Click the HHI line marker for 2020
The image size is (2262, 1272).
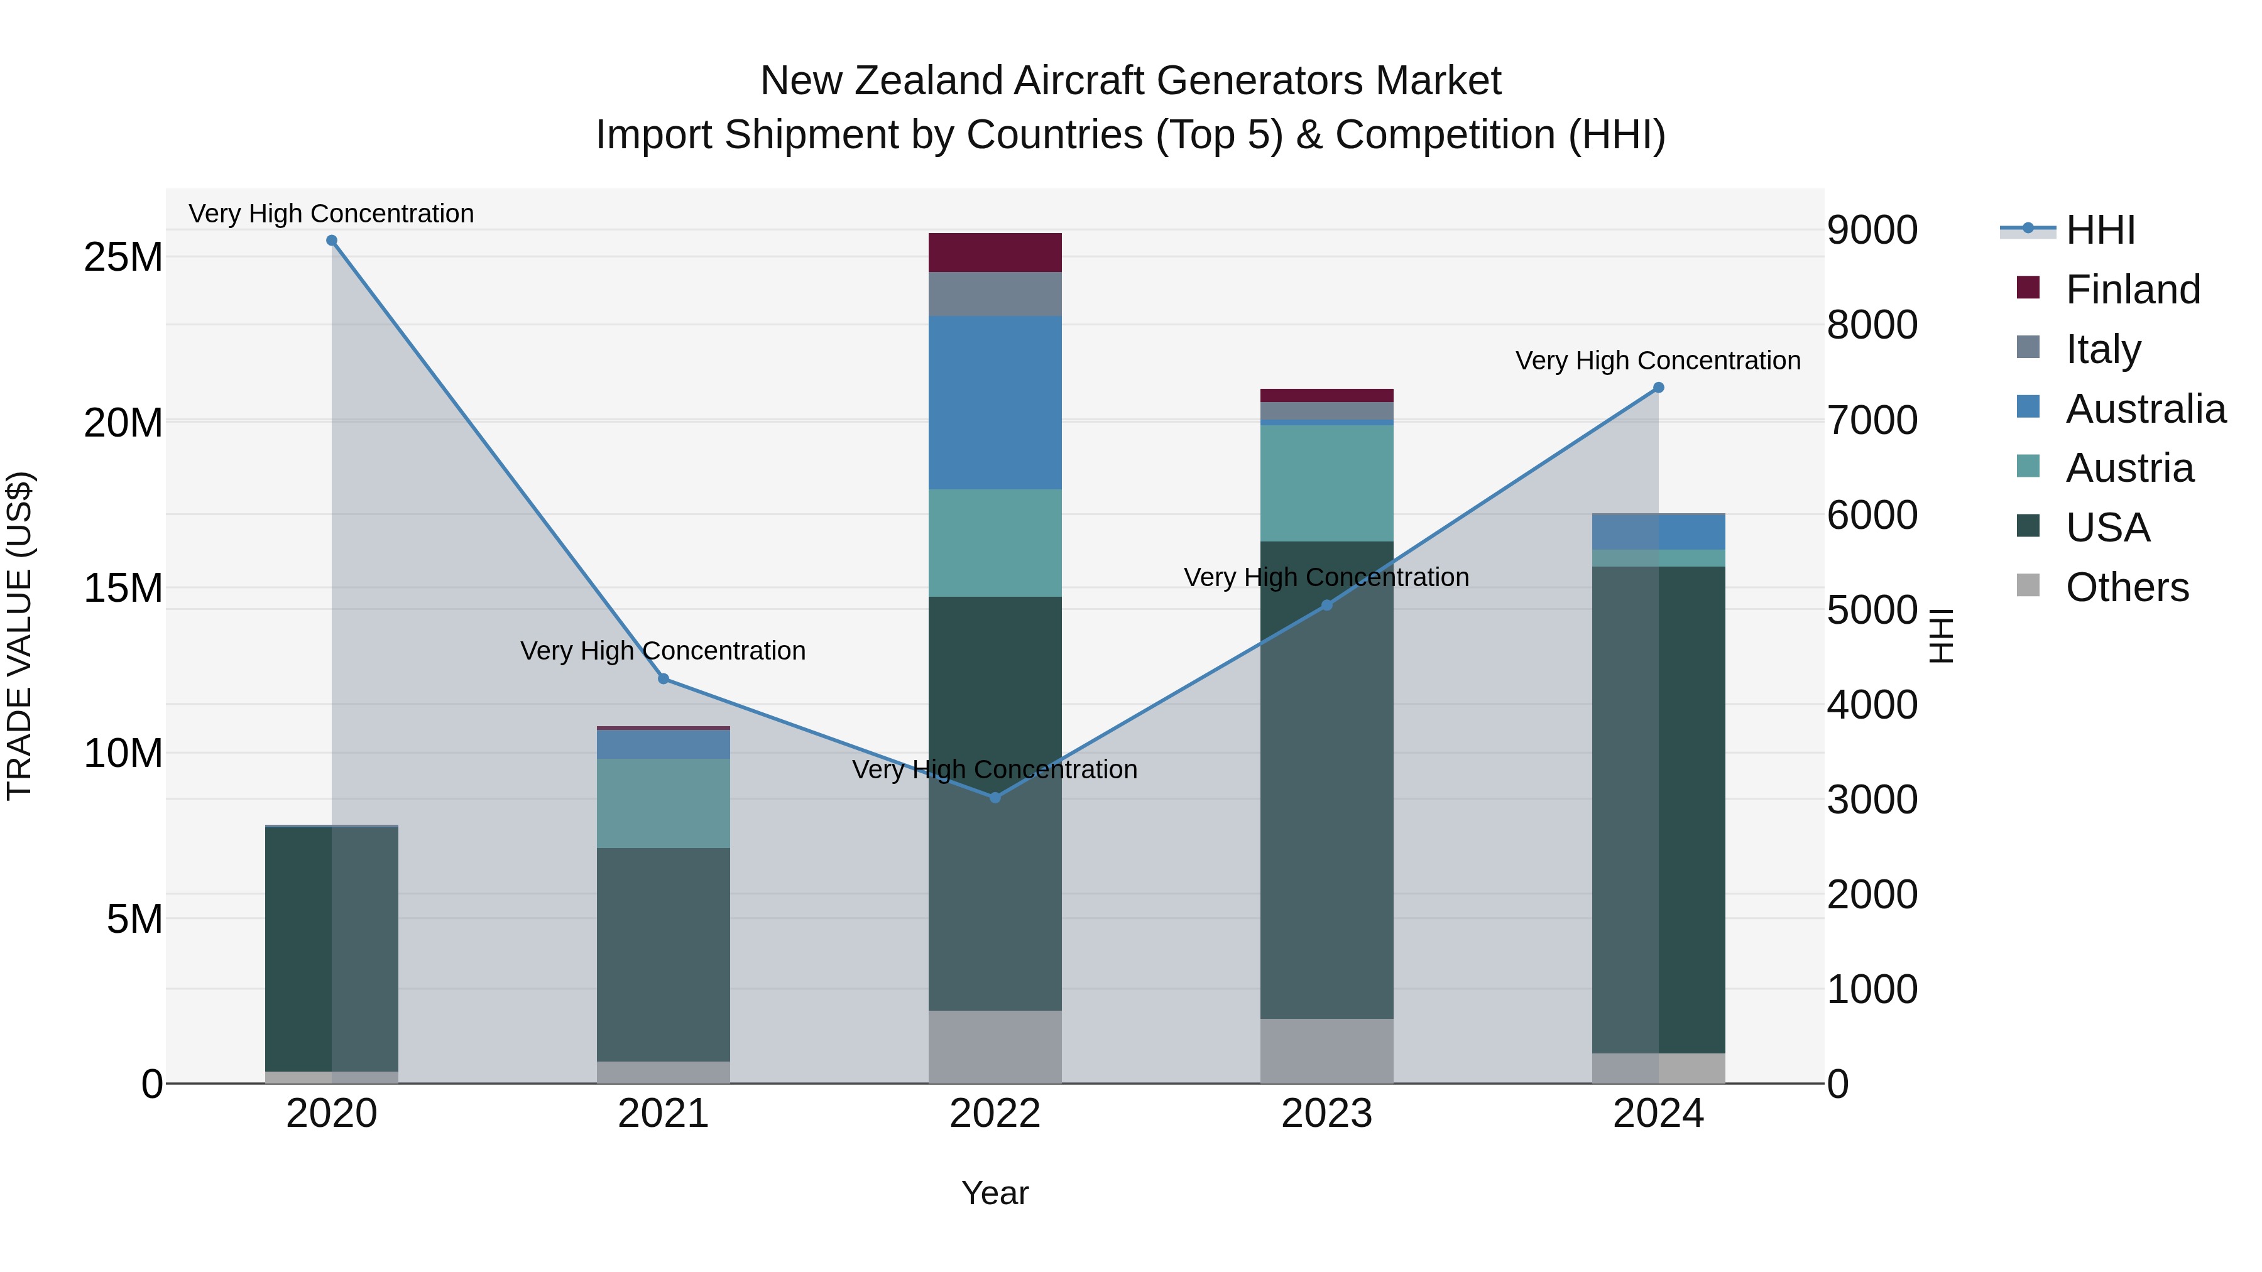click(x=332, y=241)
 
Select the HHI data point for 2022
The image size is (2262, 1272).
click(x=995, y=797)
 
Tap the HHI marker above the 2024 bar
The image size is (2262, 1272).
click(x=1658, y=387)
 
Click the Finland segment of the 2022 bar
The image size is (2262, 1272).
click(x=995, y=253)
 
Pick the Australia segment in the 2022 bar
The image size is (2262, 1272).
click(x=995, y=402)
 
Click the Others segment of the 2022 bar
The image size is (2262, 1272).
click(x=995, y=1046)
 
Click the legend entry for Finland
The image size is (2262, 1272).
click(x=2132, y=289)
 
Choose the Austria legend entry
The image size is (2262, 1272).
click(x=2129, y=468)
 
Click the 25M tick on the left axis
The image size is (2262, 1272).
click(x=123, y=257)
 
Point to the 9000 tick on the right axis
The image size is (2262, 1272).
click(x=1872, y=230)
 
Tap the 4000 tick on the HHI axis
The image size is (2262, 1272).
click(x=1872, y=704)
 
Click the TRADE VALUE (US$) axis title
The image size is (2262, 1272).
click(x=19, y=636)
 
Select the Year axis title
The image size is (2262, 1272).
click(x=995, y=1193)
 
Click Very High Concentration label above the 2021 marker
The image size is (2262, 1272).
click(x=663, y=651)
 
